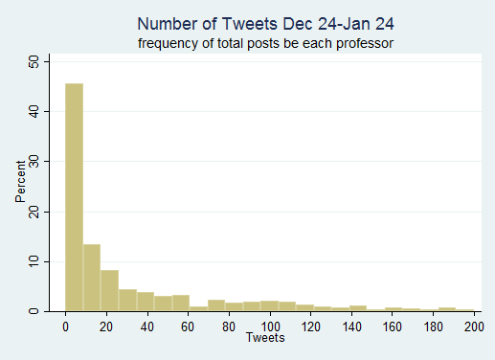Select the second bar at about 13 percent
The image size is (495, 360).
[x=91, y=278]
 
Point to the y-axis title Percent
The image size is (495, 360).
[x=21, y=186]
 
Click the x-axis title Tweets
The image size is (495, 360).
[x=264, y=338]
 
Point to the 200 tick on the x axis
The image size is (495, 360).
[x=471, y=326]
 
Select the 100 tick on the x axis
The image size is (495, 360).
[x=268, y=326]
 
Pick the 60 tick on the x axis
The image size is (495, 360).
[x=187, y=326]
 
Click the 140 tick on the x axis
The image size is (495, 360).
[x=349, y=326]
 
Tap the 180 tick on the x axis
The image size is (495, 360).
[x=431, y=326]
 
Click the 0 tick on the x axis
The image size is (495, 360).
[x=65, y=326]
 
